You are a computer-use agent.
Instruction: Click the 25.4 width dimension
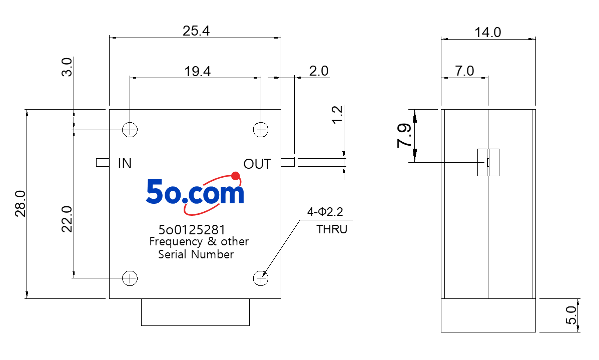pos(196,31)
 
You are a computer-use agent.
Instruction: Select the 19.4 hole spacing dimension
pos(197,72)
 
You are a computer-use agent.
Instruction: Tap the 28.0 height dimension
pos(20,204)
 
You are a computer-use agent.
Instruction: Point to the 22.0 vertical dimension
pos(67,219)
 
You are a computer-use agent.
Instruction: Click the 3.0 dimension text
pos(67,67)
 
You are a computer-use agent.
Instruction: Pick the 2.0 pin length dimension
pos(319,71)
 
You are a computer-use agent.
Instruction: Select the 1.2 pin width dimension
pos(338,115)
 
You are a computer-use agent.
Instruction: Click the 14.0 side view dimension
pos(487,33)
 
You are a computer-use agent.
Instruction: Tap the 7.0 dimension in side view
pos(464,71)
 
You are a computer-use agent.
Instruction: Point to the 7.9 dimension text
pos(404,135)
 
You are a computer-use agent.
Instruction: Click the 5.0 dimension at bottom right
pos(571,315)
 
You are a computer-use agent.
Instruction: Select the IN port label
pos(125,164)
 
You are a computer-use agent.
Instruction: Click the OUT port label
pos(257,164)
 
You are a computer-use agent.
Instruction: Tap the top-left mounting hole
pos(130,130)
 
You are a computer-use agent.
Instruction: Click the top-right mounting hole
pos(261,130)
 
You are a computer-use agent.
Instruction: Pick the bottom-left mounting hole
pos(130,278)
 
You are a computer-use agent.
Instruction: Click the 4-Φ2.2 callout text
pos(325,212)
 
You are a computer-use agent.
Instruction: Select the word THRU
pos(332,229)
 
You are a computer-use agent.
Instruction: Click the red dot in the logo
pos(236,176)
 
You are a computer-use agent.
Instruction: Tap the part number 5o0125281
pos(192,230)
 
